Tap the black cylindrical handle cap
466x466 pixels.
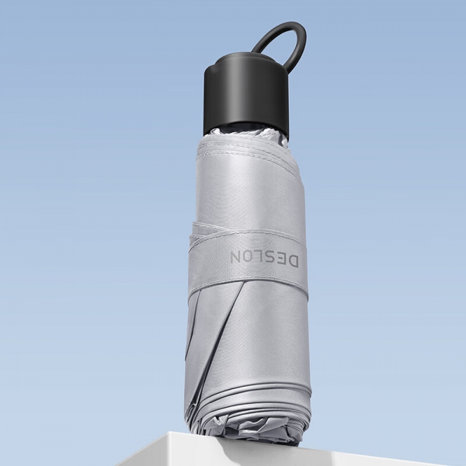pos(247,95)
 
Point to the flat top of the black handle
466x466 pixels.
pos(247,64)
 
